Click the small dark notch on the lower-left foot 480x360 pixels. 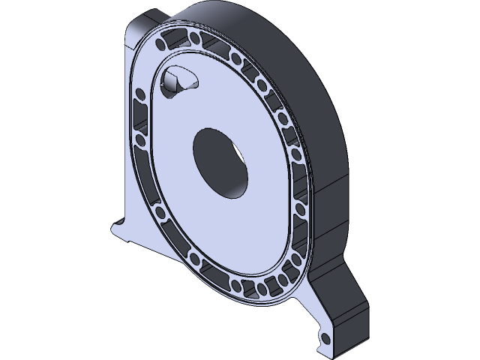[118, 223]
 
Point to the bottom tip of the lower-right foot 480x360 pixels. [330, 351]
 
